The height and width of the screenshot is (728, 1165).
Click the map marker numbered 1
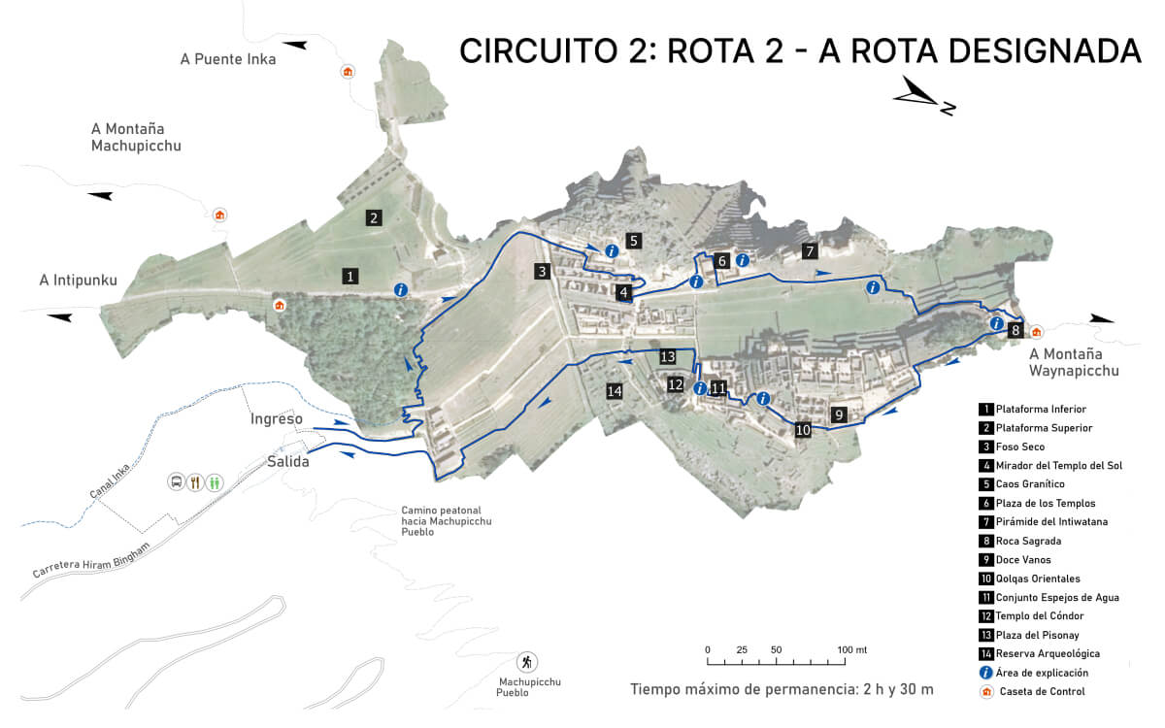349,277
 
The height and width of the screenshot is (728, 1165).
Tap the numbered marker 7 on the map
810,251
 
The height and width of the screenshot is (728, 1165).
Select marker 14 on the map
614,391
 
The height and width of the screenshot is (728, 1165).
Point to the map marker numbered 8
1015,330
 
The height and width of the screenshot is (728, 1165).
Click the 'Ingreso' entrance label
277,419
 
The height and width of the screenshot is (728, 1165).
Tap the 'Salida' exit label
288,462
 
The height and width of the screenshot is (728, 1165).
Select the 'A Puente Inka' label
228,59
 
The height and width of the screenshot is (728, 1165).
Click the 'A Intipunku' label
78,281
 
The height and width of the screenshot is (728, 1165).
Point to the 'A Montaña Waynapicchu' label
1074,362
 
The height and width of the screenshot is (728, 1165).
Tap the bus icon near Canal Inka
177,481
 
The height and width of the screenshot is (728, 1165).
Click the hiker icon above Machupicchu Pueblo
527,661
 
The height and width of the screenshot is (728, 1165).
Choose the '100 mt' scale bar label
852,649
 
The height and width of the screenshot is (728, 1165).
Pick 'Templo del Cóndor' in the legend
1039,616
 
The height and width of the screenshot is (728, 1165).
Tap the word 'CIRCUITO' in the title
536,50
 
